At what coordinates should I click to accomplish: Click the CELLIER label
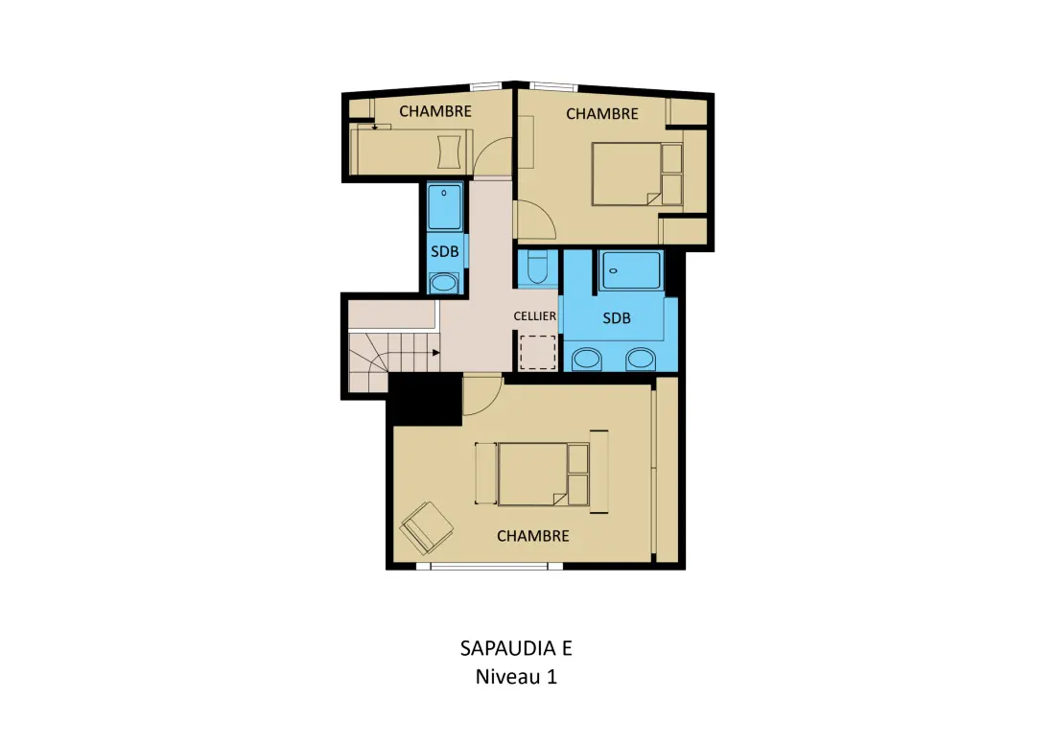pyautogui.click(x=535, y=315)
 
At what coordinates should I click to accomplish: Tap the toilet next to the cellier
pyautogui.click(x=538, y=268)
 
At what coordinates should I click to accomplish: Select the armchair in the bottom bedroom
pyautogui.click(x=427, y=526)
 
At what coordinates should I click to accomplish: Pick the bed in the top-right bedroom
pyautogui.click(x=637, y=174)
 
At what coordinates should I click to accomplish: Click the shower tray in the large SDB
pyautogui.click(x=630, y=270)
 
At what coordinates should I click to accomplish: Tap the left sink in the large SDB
pyautogui.click(x=587, y=360)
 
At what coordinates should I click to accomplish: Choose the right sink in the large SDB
pyautogui.click(x=641, y=360)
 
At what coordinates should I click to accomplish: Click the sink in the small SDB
pyautogui.click(x=444, y=283)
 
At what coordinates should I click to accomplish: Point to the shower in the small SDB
pyautogui.click(x=445, y=206)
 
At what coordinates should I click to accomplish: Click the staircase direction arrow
pyautogui.click(x=436, y=353)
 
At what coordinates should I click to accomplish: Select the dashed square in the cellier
pyautogui.click(x=538, y=352)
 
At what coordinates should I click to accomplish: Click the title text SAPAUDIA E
pyautogui.click(x=516, y=648)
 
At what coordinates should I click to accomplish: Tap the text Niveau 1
pyautogui.click(x=516, y=676)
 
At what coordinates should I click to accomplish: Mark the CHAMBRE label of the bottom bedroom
pyautogui.click(x=533, y=536)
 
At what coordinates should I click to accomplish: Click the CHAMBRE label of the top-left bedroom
pyautogui.click(x=435, y=111)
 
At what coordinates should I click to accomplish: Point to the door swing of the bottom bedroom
pyautogui.click(x=481, y=397)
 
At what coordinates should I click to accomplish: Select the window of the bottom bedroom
pyautogui.click(x=490, y=567)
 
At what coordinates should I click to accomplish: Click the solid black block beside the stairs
pyautogui.click(x=425, y=398)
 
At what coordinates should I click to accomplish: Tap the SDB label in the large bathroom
pyautogui.click(x=617, y=318)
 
